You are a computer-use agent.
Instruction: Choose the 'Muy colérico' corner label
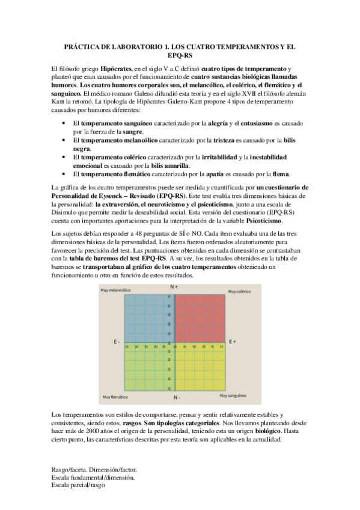point(237,291)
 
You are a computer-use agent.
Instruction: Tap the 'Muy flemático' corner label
point(115,396)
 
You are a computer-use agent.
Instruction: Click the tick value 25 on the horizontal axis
point(127,347)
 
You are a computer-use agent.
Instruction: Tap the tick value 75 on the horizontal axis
point(222,347)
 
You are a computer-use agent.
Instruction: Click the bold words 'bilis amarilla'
point(169,165)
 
